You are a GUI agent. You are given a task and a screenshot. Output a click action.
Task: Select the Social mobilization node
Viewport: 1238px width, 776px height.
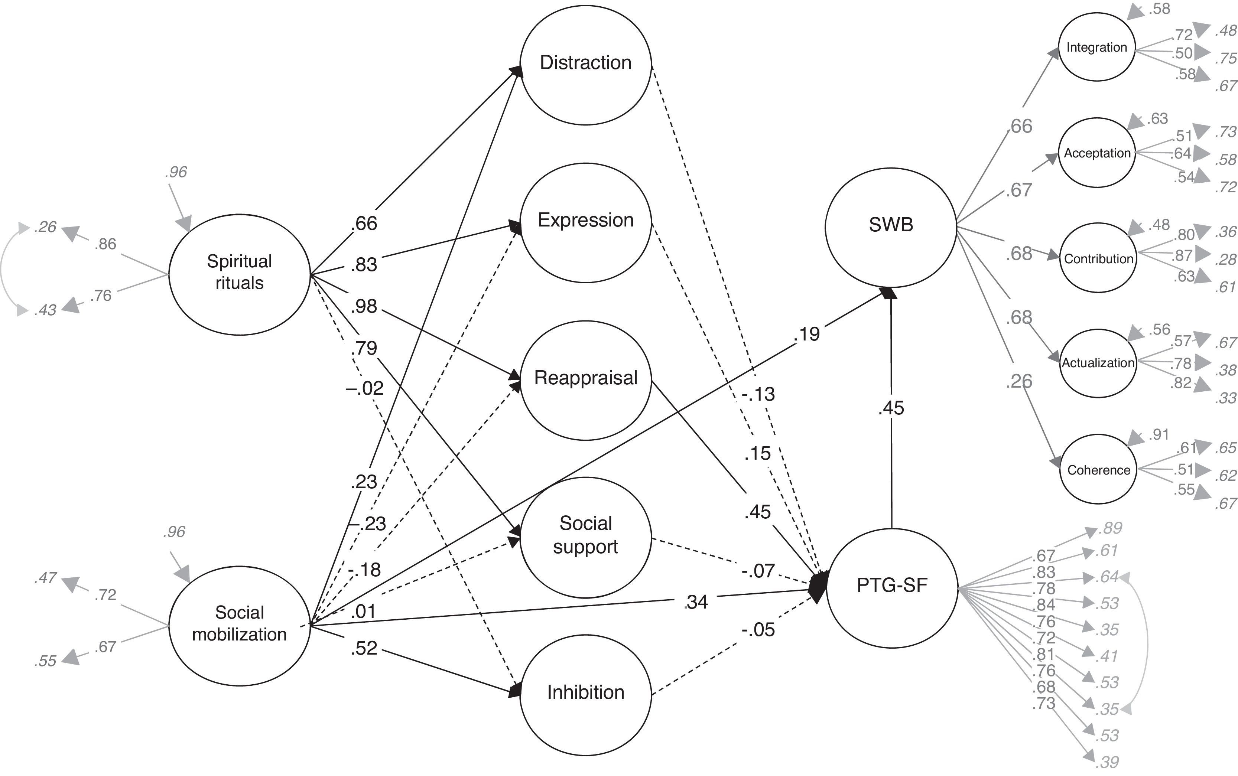tap(239, 625)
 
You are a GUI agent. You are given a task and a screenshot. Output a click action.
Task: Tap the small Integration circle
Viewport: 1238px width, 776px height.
tap(1096, 47)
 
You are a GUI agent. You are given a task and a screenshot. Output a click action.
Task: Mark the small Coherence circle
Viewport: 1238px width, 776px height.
tap(1098, 470)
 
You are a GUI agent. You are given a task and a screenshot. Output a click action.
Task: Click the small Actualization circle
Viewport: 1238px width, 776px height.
tap(1098, 363)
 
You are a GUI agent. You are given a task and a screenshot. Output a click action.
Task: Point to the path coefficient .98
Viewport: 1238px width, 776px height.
tap(364, 306)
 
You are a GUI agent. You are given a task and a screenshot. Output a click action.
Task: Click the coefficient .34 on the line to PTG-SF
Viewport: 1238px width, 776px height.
tap(696, 602)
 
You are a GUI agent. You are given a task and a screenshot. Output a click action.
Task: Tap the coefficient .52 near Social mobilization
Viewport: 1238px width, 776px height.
tap(364, 648)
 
